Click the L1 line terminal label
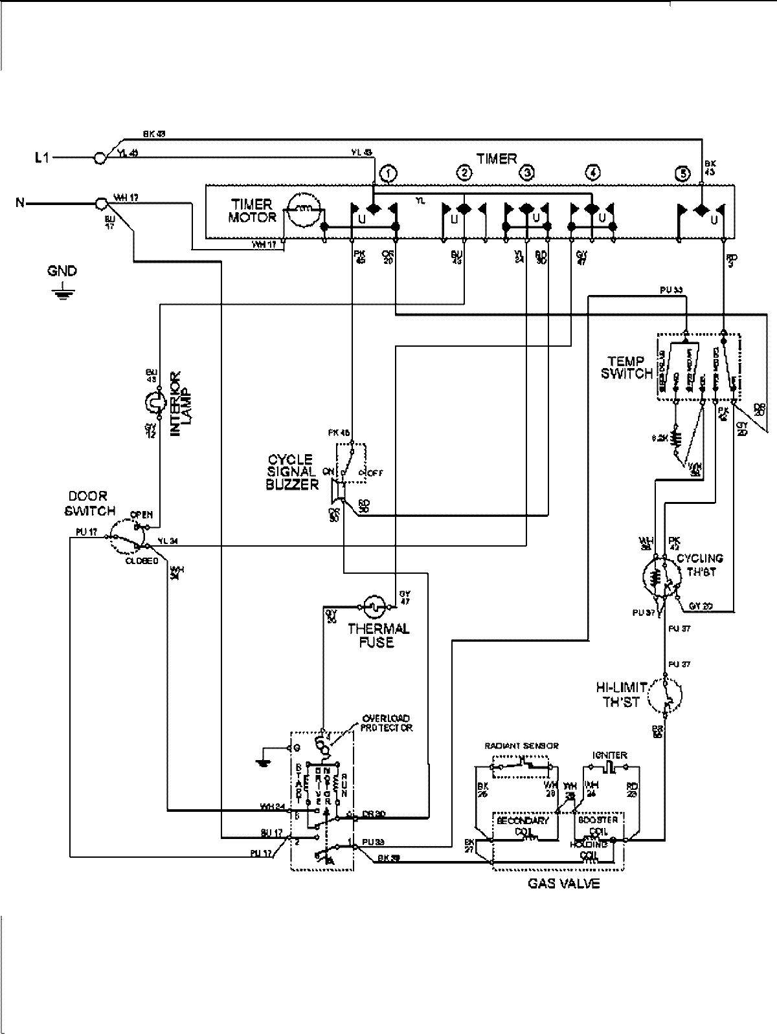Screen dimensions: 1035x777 [x=41, y=157]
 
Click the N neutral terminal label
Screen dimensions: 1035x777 [x=21, y=203]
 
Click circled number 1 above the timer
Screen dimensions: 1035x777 [x=388, y=173]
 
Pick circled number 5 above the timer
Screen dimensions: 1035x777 [x=681, y=173]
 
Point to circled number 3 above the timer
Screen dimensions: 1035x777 [x=528, y=173]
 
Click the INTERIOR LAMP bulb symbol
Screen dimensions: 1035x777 [x=153, y=405]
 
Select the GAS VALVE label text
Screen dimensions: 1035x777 [x=562, y=883]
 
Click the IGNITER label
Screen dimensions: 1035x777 [x=609, y=755]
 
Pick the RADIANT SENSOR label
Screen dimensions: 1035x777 [x=521, y=746]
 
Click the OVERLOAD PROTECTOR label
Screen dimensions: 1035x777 [x=387, y=723]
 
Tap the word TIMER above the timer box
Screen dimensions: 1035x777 [x=497, y=158]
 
